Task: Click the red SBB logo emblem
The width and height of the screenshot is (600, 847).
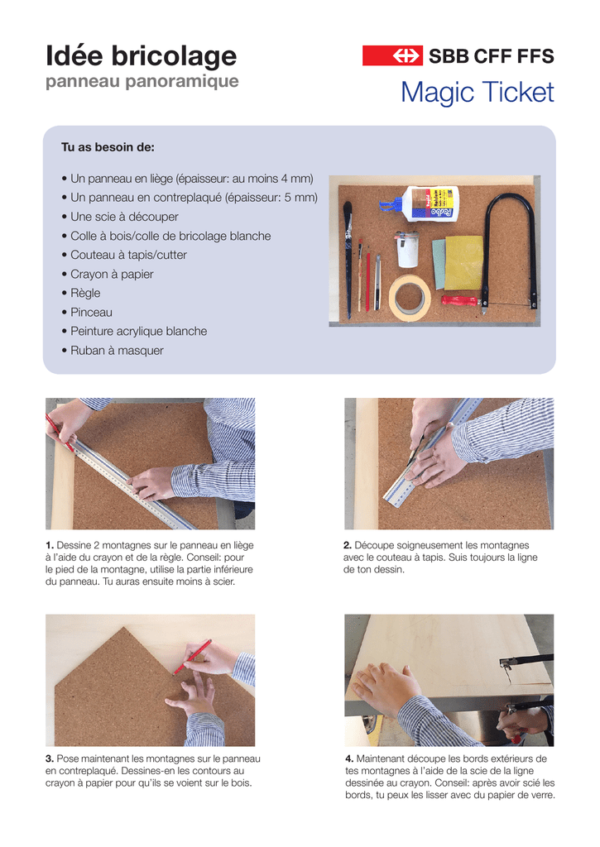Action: pyautogui.click(x=392, y=55)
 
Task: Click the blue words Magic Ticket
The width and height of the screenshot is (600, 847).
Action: pyautogui.click(x=478, y=92)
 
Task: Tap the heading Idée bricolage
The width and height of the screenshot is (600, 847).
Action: pyautogui.click(x=141, y=55)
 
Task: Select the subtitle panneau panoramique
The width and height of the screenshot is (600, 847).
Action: pyautogui.click(x=142, y=82)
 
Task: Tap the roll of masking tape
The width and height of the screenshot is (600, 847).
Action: pyautogui.click(x=410, y=297)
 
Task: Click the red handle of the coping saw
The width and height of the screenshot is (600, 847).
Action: pyautogui.click(x=460, y=301)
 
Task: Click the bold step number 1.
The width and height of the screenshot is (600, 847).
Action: pyautogui.click(x=49, y=546)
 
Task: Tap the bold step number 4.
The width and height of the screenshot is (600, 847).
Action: pyautogui.click(x=349, y=759)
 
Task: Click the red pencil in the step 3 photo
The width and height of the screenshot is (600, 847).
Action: pyautogui.click(x=192, y=657)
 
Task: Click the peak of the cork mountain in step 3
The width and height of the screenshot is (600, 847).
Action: pyautogui.click(x=125, y=628)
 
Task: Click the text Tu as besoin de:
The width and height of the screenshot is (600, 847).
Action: pyautogui.click(x=108, y=147)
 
